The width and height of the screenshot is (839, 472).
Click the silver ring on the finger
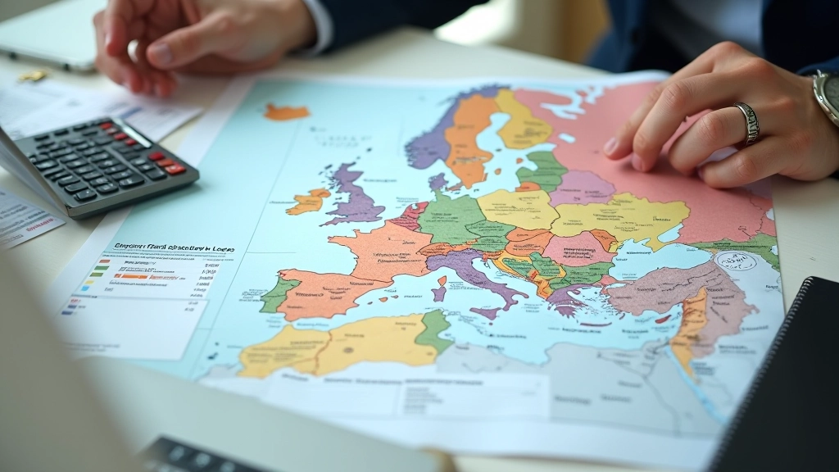pyautogui.click(x=747, y=123)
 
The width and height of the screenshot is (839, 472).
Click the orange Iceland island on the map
pyautogui.click(x=286, y=112)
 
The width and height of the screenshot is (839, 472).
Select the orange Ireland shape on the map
pyautogui.click(x=307, y=201)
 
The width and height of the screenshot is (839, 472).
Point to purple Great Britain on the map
pyautogui.click(x=354, y=197)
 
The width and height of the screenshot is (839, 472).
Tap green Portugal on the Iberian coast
pyautogui.click(x=276, y=294)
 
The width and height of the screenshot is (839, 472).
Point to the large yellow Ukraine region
pyautogui.click(x=623, y=217)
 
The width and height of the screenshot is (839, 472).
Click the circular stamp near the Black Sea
pyautogui.click(x=736, y=262)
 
